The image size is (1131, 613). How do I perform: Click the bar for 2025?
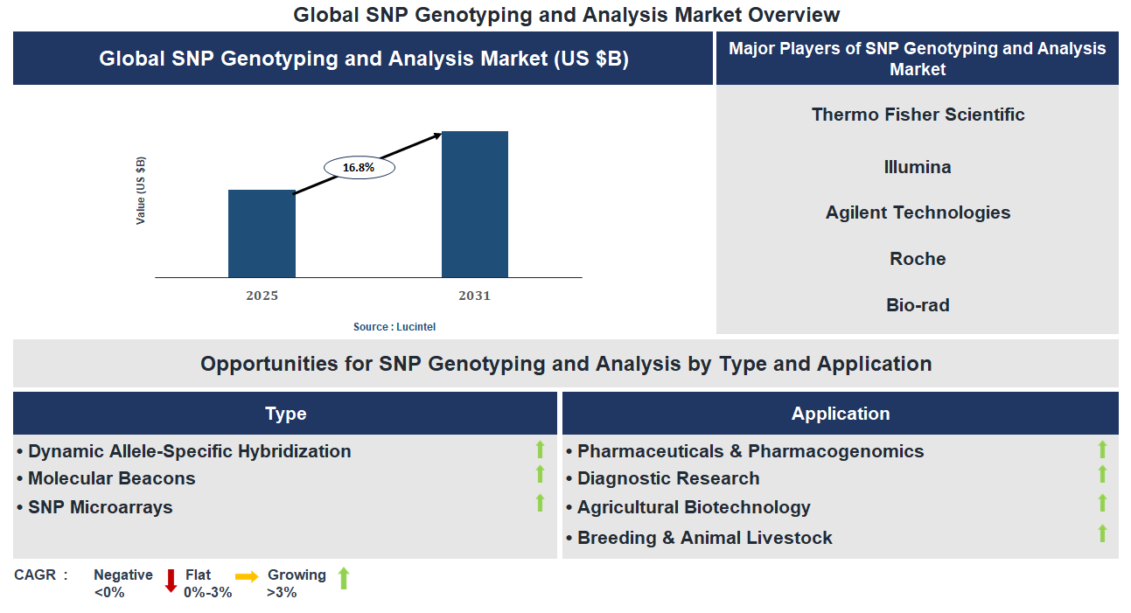(262, 233)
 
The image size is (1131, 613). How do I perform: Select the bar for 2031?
(474, 205)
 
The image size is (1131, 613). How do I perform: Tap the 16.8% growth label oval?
(359, 167)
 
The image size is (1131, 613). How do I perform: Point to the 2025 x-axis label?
(262, 296)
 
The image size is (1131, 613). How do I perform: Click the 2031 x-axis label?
(474, 296)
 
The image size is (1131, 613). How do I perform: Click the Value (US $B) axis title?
(141, 191)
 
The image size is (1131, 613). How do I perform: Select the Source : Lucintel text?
(394, 326)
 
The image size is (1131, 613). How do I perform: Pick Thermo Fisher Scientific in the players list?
(918, 115)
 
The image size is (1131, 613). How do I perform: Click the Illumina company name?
(918, 167)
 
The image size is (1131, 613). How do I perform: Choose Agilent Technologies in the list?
(918, 212)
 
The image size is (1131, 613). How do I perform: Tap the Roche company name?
(918, 259)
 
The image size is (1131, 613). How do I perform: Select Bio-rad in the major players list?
(918, 305)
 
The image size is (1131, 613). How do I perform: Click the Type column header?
(285, 414)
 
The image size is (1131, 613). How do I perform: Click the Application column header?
(840, 414)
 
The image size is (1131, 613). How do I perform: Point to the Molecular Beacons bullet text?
(111, 478)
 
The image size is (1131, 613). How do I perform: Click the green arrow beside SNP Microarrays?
(540, 503)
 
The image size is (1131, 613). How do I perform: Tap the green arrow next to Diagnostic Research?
(1102, 474)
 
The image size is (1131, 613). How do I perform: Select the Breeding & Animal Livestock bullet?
(704, 538)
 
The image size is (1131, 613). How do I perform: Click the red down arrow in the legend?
(171, 581)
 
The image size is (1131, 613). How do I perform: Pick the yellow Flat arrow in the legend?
(247, 576)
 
